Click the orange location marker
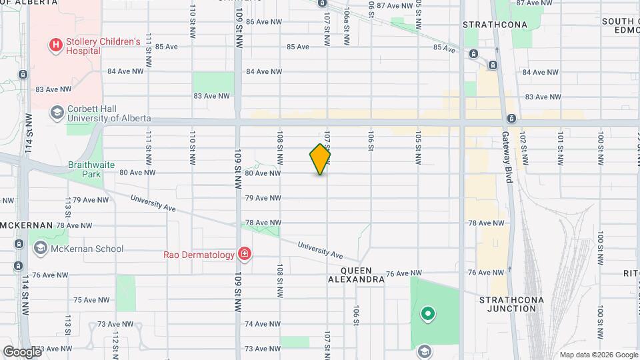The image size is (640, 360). coord(321,159)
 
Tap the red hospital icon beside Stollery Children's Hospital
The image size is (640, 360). coord(55,46)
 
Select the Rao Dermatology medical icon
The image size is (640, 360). coord(245,254)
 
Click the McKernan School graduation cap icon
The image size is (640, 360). coord(40,249)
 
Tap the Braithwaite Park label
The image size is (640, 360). coord(84,169)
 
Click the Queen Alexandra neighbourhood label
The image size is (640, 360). coord(363,275)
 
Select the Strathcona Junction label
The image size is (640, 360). coord(511,305)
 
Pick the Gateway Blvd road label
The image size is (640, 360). coord(508,165)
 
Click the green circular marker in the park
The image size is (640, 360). coord(427,313)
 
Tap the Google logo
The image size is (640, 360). coord(22,351)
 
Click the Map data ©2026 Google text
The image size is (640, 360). coord(598,355)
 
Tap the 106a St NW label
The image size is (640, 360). coord(347,16)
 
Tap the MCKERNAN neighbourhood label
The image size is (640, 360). coord(25,225)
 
